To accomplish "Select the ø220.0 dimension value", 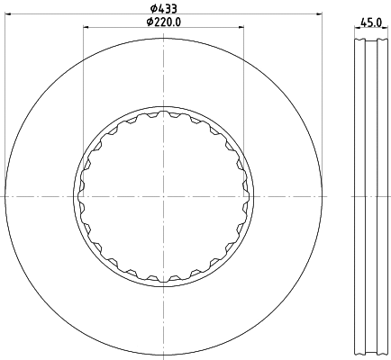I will (167, 22).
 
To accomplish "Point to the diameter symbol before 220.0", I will (148, 22).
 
